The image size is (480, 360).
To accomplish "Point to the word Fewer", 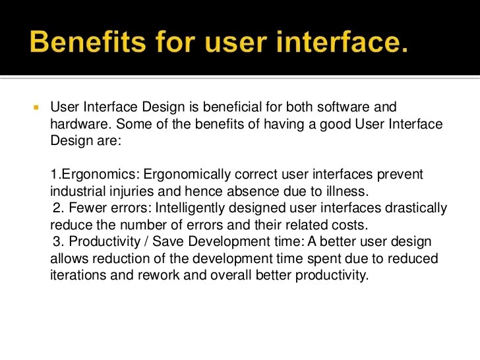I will coord(82,208).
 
